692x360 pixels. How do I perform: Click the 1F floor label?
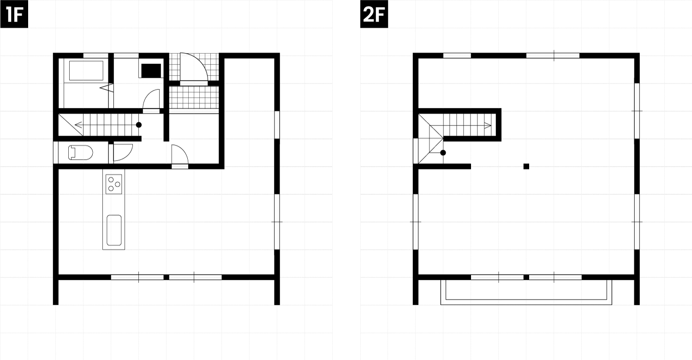(x=14, y=14)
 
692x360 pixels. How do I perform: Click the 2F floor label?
(x=374, y=14)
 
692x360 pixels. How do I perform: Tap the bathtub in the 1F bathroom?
(x=86, y=71)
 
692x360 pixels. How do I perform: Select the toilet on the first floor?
(x=80, y=153)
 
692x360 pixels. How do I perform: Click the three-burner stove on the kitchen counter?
(x=113, y=185)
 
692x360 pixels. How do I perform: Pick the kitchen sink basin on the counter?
(x=114, y=230)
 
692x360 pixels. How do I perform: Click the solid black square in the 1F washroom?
(x=151, y=71)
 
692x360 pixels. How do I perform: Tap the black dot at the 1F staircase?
(x=139, y=125)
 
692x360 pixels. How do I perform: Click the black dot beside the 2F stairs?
(x=443, y=153)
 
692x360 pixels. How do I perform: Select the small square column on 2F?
(x=526, y=167)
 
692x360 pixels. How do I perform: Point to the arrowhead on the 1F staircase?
(x=78, y=125)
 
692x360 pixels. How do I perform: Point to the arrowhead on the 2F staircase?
(x=488, y=125)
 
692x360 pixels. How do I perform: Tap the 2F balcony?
(x=526, y=292)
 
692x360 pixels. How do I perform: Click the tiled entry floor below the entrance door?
(x=194, y=97)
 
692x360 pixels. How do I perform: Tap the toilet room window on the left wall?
(x=56, y=153)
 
